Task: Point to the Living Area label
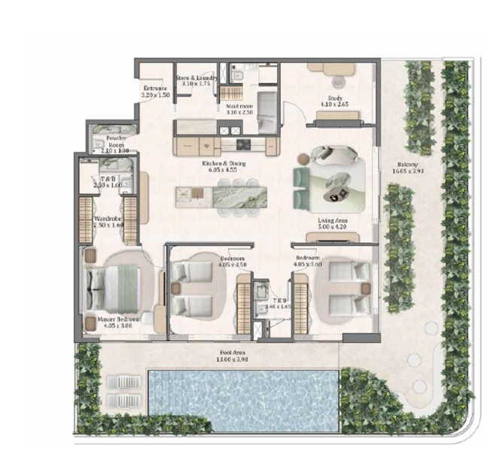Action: pyautogui.click(x=331, y=221)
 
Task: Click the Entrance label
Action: pyautogui.click(x=156, y=89)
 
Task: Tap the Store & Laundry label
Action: pyautogui.click(x=196, y=77)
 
